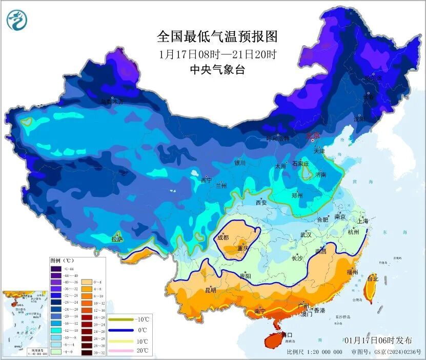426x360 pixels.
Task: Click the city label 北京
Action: (312, 135)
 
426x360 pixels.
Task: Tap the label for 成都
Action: (223, 237)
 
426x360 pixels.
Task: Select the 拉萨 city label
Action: (117, 238)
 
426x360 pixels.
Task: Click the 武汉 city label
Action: (306, 235)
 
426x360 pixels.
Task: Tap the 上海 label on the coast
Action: (363, 221)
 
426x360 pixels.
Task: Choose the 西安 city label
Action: (261, 203)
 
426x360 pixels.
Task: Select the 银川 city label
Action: (240, 163)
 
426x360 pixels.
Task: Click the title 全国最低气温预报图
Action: (218, 36)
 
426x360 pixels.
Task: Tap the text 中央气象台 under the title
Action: (218, 70)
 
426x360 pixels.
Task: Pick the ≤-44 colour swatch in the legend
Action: (55, 269)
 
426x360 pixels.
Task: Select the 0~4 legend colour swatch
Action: (86, 282)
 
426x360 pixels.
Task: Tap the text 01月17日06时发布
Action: (378, 340)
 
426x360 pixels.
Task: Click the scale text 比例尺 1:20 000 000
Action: (315, 352)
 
